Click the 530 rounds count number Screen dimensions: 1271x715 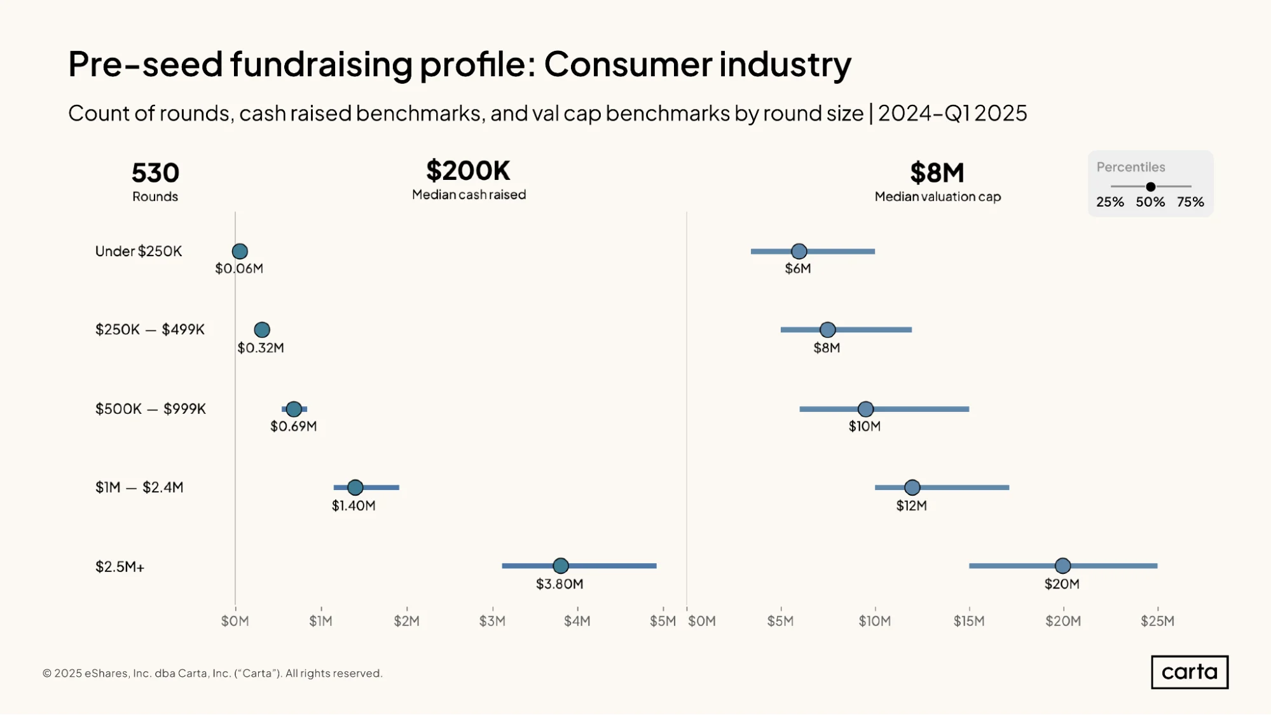pyautogui.click(x=155, y=173)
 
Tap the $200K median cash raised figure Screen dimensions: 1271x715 pyautogui.click(x=469, y=170)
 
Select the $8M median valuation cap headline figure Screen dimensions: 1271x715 pyautogui.click(x=937, y=173)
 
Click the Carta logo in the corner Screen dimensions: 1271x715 pyautogui.click(x=1190, y=672)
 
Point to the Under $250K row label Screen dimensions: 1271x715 pyautogui.click(x=139, y=251)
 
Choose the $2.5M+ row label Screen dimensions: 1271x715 pyautogui.click(x=120, y=566)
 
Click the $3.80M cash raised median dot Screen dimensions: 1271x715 pyautogui.click(x=560, y=566)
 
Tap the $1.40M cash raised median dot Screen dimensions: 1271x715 pyautogui.click(x=355, y=487)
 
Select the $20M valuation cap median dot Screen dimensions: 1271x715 pyautogui.click(x=1062, y=566)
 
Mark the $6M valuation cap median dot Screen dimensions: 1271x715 pyautogui.click(x=799, y=251)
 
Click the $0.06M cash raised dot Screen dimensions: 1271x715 pyautogui.click(x=240, y=251)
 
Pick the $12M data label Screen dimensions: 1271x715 pyautogui.click(x=912, y=505)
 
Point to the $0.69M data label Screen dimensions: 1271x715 pyautogui.click(x=294, y=426)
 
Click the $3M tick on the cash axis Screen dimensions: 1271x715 pyautogui.click(x=492, y=620)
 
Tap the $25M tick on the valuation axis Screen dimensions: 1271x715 pyautogui.click(x=1157, y=620)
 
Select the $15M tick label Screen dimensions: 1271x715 pyautogui.click(x=969, y=621)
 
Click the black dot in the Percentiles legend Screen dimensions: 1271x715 pyautogui.click(x=1151, y=187)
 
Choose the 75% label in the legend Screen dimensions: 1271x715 pyautogui.click(x=1190, y=202)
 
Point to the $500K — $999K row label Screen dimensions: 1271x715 pyautogui.click(x=151, y=409)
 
